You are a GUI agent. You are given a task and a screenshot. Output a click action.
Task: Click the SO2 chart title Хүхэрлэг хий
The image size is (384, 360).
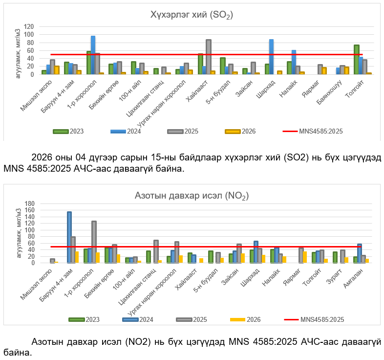[192, 15]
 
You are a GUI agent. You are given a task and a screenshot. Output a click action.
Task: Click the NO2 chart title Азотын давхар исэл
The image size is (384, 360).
[192, 196]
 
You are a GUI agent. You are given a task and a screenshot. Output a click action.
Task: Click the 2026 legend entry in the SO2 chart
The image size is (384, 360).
[240, 131]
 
